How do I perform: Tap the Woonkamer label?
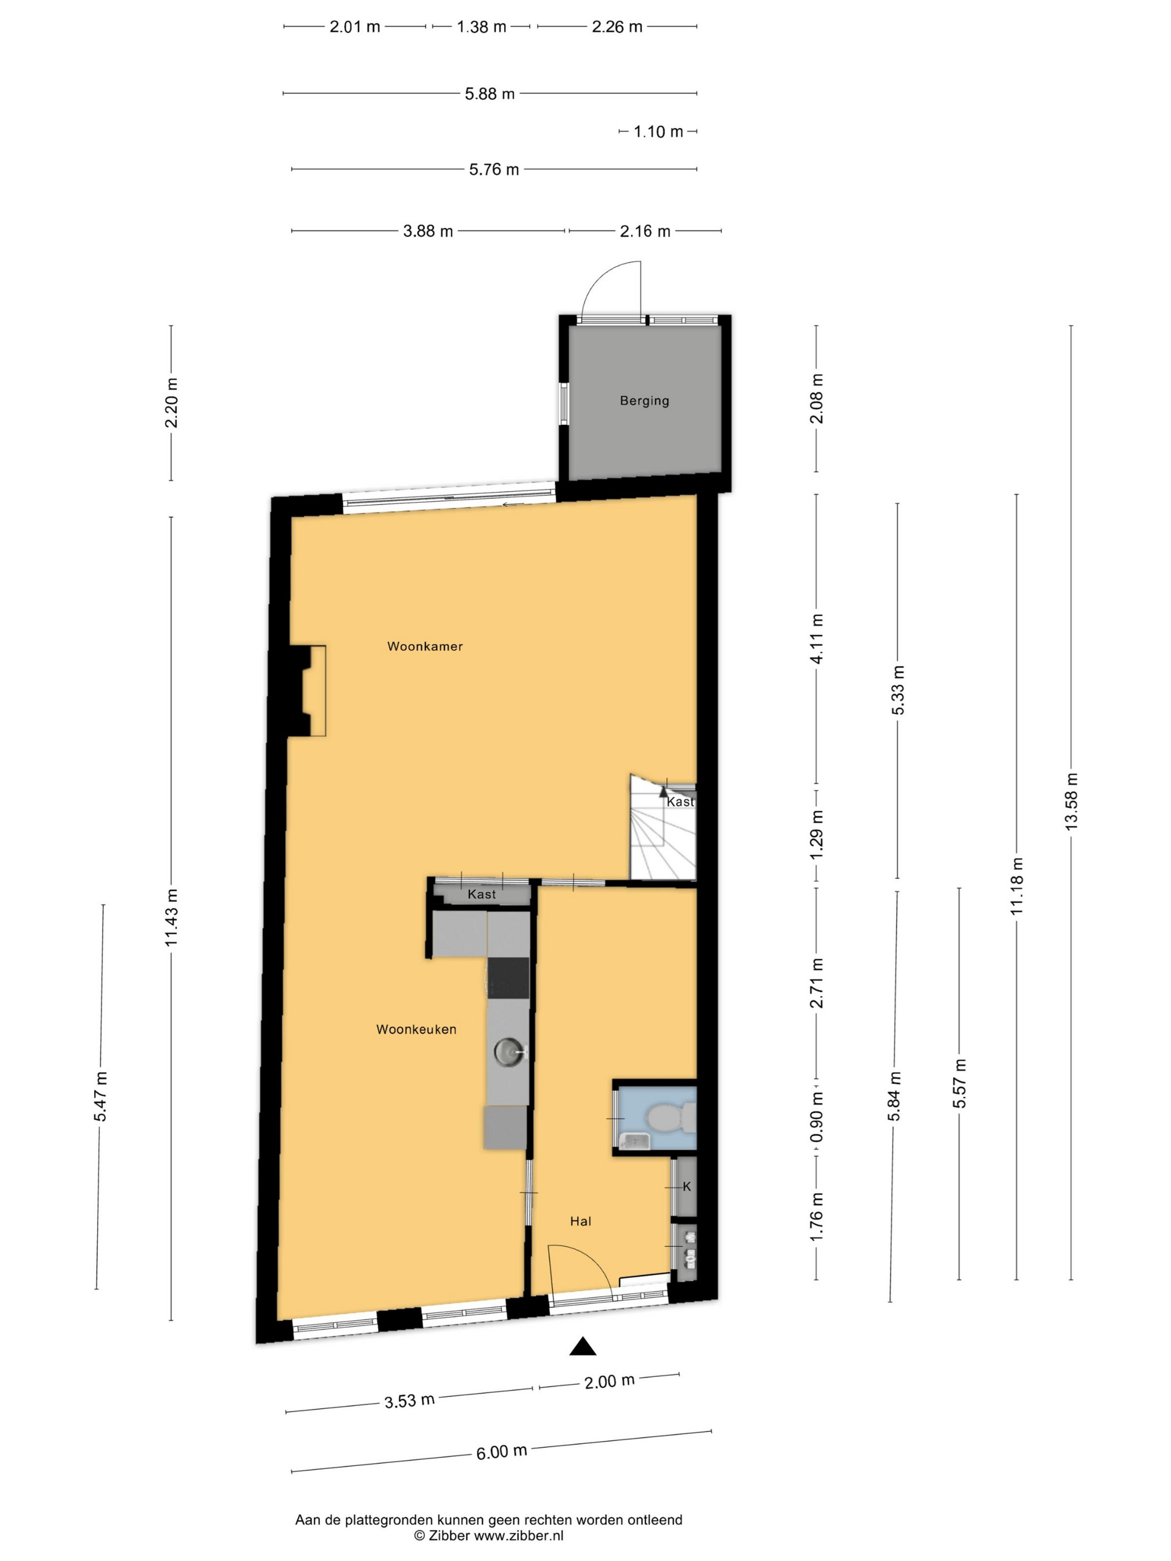425,646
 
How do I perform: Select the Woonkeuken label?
416,1030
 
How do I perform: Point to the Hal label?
580,1221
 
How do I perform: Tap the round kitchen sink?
507,1052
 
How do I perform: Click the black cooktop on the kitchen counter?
508,977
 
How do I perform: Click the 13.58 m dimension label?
1072,801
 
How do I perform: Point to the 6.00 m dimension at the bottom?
501,1452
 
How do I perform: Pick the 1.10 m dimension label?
658,132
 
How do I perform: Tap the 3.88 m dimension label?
428,231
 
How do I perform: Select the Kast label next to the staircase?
680,802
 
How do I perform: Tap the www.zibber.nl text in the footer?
518,1535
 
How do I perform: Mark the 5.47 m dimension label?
101,1097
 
